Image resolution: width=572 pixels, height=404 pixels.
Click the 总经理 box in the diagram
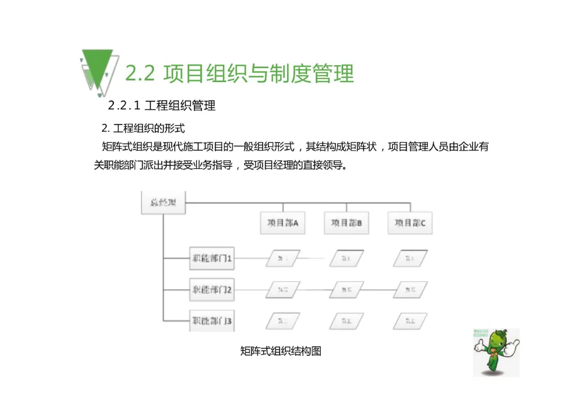tap(163, 203)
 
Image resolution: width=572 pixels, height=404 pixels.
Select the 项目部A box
tap(283, 223)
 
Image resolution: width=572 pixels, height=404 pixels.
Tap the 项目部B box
tap(346, 223)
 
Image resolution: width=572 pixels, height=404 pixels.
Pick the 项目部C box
tap(410, 223)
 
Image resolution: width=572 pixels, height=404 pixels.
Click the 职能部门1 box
tap(212, 259)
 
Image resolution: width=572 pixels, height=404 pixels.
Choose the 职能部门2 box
tap(212, 290)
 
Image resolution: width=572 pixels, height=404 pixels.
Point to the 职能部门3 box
tap(212, 320)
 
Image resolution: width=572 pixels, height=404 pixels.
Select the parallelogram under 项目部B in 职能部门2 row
tap(346, 290)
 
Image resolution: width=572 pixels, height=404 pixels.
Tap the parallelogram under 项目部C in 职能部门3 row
tap(410, 320)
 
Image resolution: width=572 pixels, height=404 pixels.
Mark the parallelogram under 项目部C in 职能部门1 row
tap(410, 259)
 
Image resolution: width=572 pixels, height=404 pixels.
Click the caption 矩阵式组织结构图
tap(281, 351)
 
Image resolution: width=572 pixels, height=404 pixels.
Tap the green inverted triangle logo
tap(97, 67)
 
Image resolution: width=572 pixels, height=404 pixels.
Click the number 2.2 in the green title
tap(140, 74)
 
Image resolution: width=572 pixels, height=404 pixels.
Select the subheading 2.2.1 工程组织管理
tap(162, 105)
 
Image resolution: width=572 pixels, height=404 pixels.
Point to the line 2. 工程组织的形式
tap(143, 129)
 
